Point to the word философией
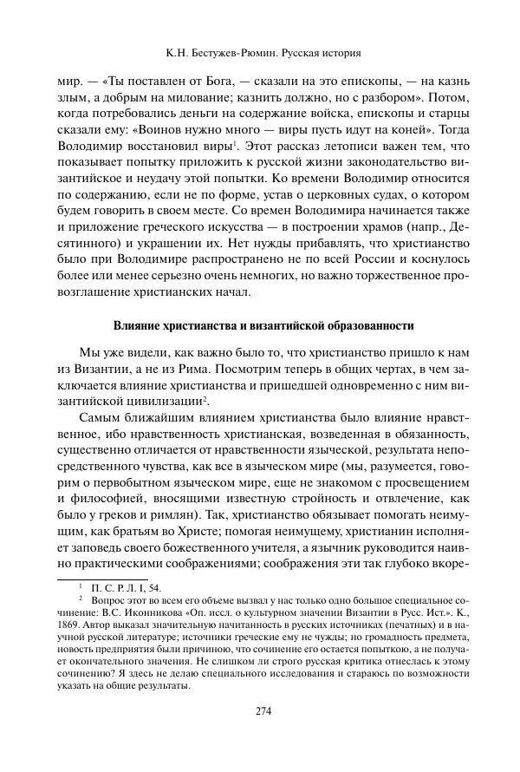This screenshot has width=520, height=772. [x=107, y=500]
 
